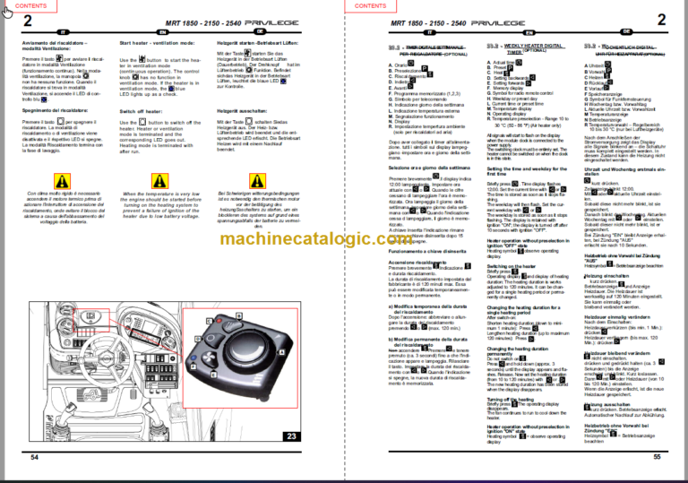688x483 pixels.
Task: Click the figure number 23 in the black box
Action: point(291,436)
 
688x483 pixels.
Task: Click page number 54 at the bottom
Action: point(36,457)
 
